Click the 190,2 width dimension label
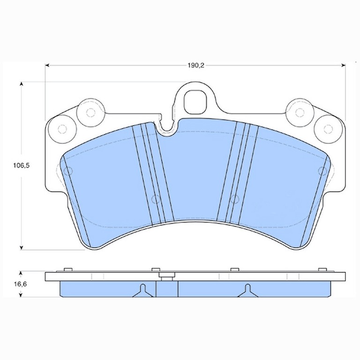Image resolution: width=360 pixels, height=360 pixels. point(196,66)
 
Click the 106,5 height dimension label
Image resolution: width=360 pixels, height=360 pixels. point(22,165)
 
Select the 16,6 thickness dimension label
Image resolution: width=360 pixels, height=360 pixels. point(21,284)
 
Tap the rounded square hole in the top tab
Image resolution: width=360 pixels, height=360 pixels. point(195,102)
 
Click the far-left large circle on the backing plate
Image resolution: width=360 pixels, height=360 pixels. point(62,129)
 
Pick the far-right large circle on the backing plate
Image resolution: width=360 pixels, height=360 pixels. point(328,129)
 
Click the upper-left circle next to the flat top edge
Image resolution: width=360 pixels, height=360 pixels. point(90,112)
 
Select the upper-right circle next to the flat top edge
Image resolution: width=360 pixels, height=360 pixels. point(300,112)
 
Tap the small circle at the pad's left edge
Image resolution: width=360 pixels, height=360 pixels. point(68,171)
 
